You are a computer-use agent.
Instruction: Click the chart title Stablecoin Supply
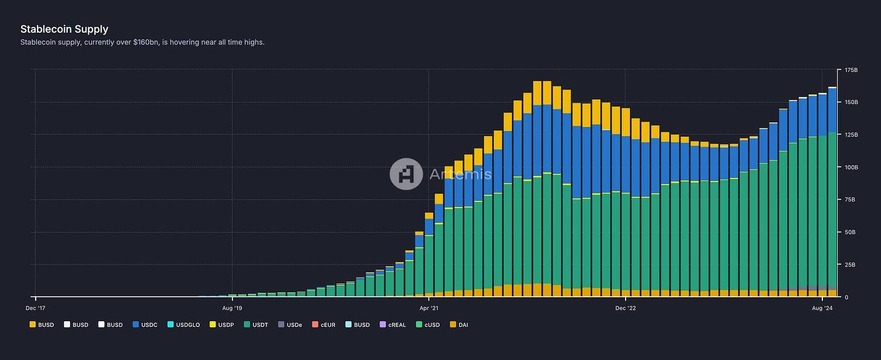(x=64, y=29)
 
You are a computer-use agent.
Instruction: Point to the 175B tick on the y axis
(x=851, y=70)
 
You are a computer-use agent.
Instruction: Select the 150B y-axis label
(x=851, y=102)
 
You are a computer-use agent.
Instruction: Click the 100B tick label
(x=851, y=167)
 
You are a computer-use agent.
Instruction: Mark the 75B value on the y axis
(x=850, y=200)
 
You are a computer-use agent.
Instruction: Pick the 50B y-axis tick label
(x=850, y=232)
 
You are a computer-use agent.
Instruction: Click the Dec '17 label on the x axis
(x=36, y=307)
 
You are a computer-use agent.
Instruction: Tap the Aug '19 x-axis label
(x=232, y=307)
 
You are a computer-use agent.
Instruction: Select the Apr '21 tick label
(x=428, y=307)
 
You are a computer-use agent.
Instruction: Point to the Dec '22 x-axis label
(x=626, y=307)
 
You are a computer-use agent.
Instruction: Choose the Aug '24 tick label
(x=822, y=307)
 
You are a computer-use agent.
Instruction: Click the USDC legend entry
(x=145, y=325)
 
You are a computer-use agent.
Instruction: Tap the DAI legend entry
(x=459, y=325)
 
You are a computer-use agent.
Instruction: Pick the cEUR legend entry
(x=326, y=325)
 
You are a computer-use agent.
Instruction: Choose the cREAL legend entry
(x=395, y=325)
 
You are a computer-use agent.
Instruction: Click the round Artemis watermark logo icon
(x=406, y=174)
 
